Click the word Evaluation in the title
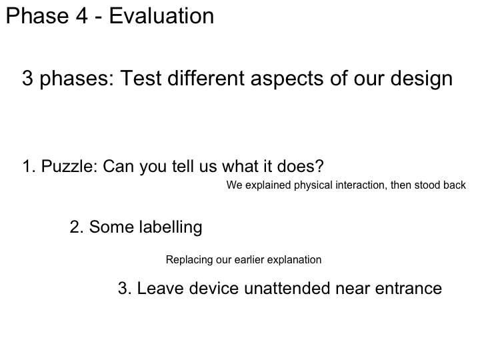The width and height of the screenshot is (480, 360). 161,16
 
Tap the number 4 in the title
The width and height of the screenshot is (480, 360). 82,16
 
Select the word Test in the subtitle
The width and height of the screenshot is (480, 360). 141,78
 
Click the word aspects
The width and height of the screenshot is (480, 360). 287,79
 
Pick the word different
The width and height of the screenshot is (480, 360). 206,78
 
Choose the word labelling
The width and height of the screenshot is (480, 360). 171,227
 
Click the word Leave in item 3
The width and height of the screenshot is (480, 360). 160,289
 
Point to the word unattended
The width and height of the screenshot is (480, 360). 287,289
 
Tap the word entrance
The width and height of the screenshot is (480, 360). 409,289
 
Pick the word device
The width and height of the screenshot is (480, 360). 214,289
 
